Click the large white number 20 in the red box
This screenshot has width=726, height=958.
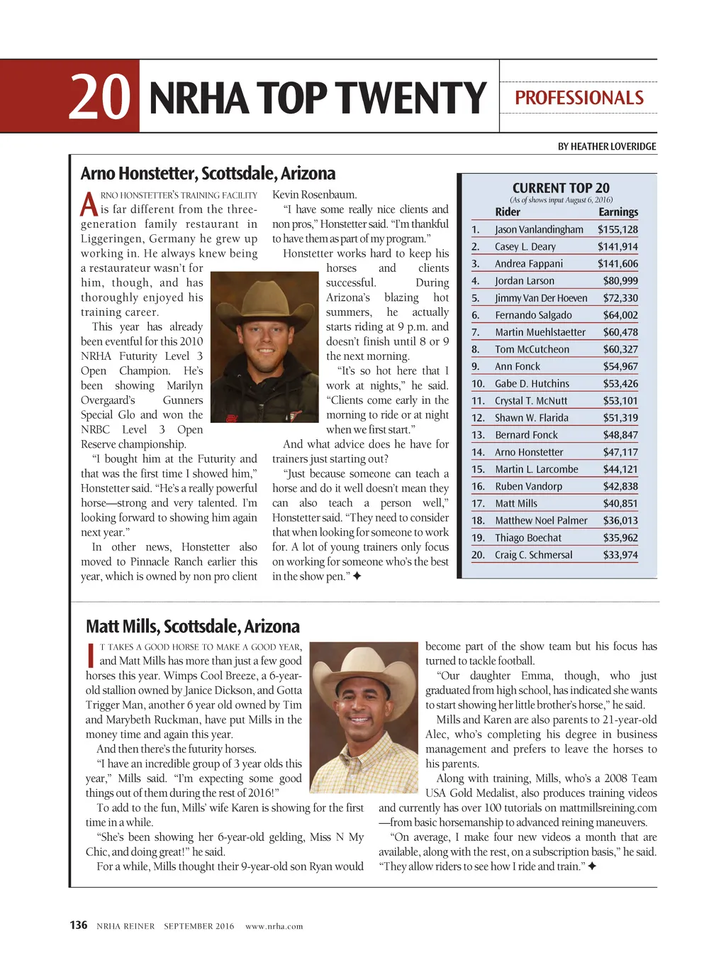[x=100, y=97]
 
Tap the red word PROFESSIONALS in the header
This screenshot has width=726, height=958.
[x=579, y=98]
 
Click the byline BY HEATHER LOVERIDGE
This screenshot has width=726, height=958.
[x=606, y=147]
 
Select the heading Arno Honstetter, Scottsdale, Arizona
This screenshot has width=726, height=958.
[x=208, y=174]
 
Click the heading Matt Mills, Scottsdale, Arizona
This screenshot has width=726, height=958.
[x=193, y=627]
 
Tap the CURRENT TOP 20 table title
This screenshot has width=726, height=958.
[x=560, y=188]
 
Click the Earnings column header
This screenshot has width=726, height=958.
[x=618, y=212]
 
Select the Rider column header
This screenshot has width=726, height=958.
[x=508, y=212]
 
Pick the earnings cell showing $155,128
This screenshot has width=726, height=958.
[x=618, y=230]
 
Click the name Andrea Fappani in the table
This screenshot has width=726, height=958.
[x=529, y=264]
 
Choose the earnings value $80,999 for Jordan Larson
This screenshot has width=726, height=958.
[x=620, y=281]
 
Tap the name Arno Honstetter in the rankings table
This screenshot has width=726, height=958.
[x=529, y=452]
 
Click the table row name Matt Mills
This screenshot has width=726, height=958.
[x=516, y=504]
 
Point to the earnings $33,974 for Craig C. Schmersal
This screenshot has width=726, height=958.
[x=620, y=555]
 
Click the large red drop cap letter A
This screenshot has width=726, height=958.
[x=89, y=204]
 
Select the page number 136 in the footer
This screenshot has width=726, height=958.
[x=78, y=925]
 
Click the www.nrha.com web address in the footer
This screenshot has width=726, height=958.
[x=274, y=926]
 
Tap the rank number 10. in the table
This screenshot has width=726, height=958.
[x=478, y=384]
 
